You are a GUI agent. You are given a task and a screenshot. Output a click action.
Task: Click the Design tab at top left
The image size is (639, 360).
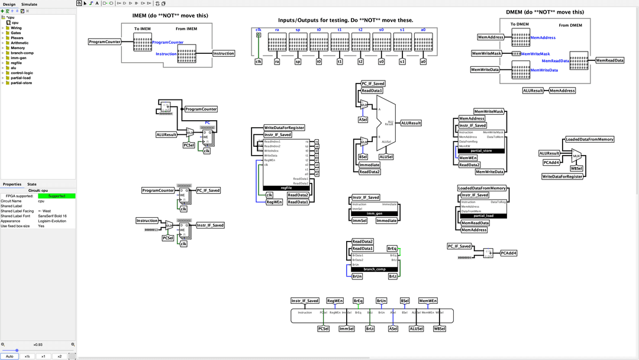coord(9,4)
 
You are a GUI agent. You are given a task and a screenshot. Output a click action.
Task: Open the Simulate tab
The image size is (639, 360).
coord(29,4)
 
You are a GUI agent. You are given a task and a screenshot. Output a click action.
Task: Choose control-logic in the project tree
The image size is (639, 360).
coord(22,73)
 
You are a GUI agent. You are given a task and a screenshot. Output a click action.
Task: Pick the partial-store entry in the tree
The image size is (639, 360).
coord(21,83)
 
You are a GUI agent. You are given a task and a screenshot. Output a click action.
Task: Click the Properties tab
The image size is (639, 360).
coord(12,184)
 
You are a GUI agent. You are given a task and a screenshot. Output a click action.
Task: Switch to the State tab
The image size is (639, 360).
coord(32,184)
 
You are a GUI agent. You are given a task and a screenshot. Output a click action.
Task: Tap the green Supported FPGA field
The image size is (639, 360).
coord(57,196)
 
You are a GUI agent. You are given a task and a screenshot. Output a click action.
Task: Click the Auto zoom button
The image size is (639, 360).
coord(9,356)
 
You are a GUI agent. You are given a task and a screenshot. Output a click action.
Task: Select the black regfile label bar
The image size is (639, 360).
coord(286,188)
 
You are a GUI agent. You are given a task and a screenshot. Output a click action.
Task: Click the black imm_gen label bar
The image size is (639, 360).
coord(375,213)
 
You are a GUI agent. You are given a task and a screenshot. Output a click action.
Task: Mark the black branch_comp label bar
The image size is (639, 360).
coord(375,269)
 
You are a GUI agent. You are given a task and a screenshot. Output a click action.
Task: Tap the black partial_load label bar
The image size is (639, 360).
coord(483,216)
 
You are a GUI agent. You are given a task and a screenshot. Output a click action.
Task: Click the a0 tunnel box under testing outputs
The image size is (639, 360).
coord(422,61)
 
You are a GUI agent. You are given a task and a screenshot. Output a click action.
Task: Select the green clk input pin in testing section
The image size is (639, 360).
coord(259,35)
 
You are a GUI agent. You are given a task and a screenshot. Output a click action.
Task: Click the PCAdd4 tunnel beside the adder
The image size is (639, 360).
coord(509,253)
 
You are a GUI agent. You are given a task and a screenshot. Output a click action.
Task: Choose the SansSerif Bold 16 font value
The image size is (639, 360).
coord(52,216)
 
